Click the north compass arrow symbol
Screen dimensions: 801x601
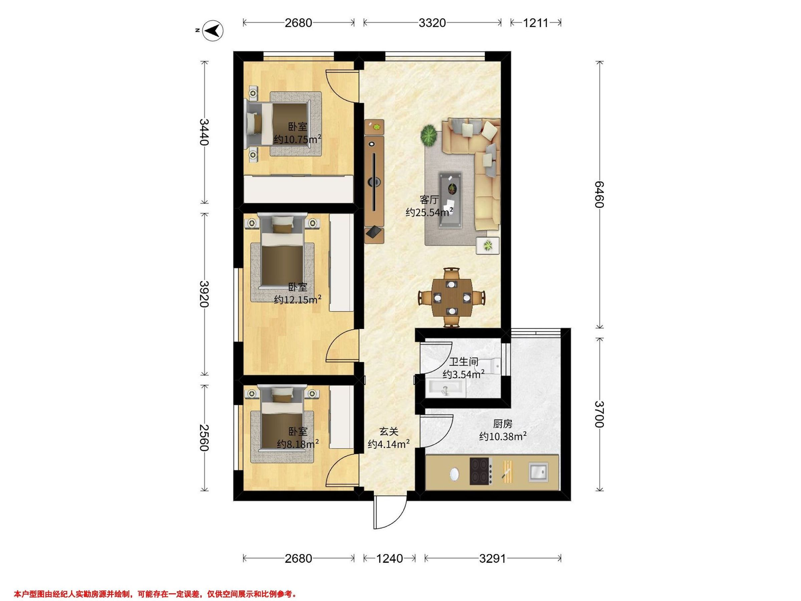pyautogui.click(x=212, y=30)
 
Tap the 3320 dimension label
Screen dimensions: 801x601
pyautogui.click(x=432, y=23)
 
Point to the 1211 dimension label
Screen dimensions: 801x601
pyautogui.click(x=536, y=23)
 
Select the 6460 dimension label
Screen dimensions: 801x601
pyautogui.click(x=599, y=195)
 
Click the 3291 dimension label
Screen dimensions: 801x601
pyautogui.click(x=493, y=559)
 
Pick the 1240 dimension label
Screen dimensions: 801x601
pyautogui.click(x=389, y=559)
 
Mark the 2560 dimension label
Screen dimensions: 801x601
pyautogui.click(x=205, y=438)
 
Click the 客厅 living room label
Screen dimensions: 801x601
pyautogui.click(x=430, y=200)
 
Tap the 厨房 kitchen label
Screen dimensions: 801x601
pyautogui.click(x=503, y=423)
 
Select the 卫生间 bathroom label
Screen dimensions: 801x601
pyautogui.click(x=464, y=362)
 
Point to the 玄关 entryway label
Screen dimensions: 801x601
pyautogui.click(x=389, y=431)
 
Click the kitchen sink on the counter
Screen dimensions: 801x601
pyautogui.click(x=538, y=472)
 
